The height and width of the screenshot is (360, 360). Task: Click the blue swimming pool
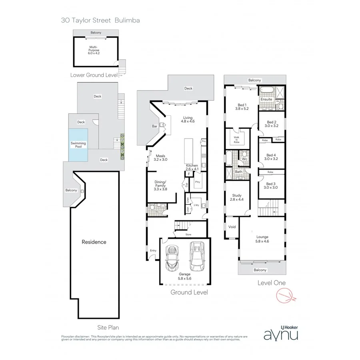point(78,145)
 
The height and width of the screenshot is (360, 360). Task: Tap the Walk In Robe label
point(236,139)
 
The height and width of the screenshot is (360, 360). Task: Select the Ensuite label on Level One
point(266,99)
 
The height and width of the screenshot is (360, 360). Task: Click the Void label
point(232,227)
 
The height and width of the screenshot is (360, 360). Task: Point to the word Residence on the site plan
point(94,242)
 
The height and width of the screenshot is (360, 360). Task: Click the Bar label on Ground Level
point(154,126)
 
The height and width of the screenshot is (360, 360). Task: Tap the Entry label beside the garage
point(153,251)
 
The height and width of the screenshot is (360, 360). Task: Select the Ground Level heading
point(189,292)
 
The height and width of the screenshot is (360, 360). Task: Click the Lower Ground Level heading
point(94,75)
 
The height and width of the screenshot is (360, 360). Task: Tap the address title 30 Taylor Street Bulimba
point(100,20)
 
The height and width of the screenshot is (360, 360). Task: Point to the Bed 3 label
point(271,186)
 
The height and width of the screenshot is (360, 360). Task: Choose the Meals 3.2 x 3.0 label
point(161,158)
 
